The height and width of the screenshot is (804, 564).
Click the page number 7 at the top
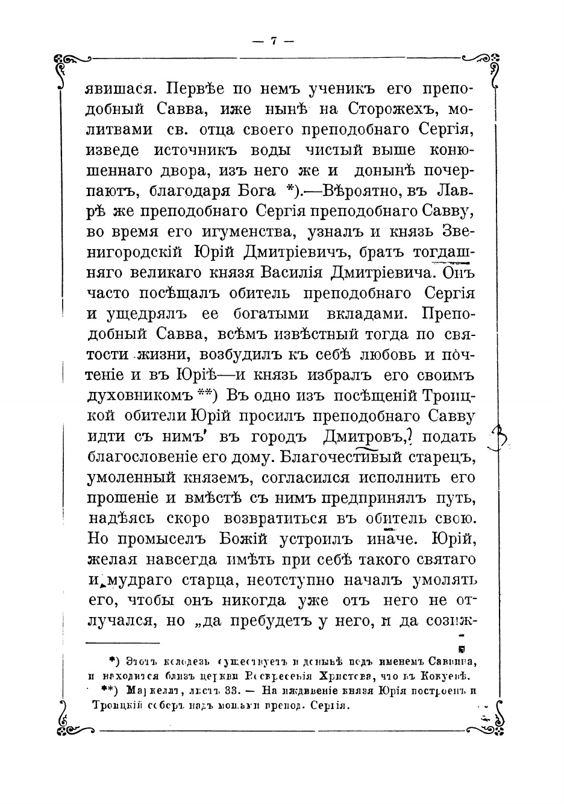coord(273,41)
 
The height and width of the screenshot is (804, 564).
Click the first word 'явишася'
coord(119,89)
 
